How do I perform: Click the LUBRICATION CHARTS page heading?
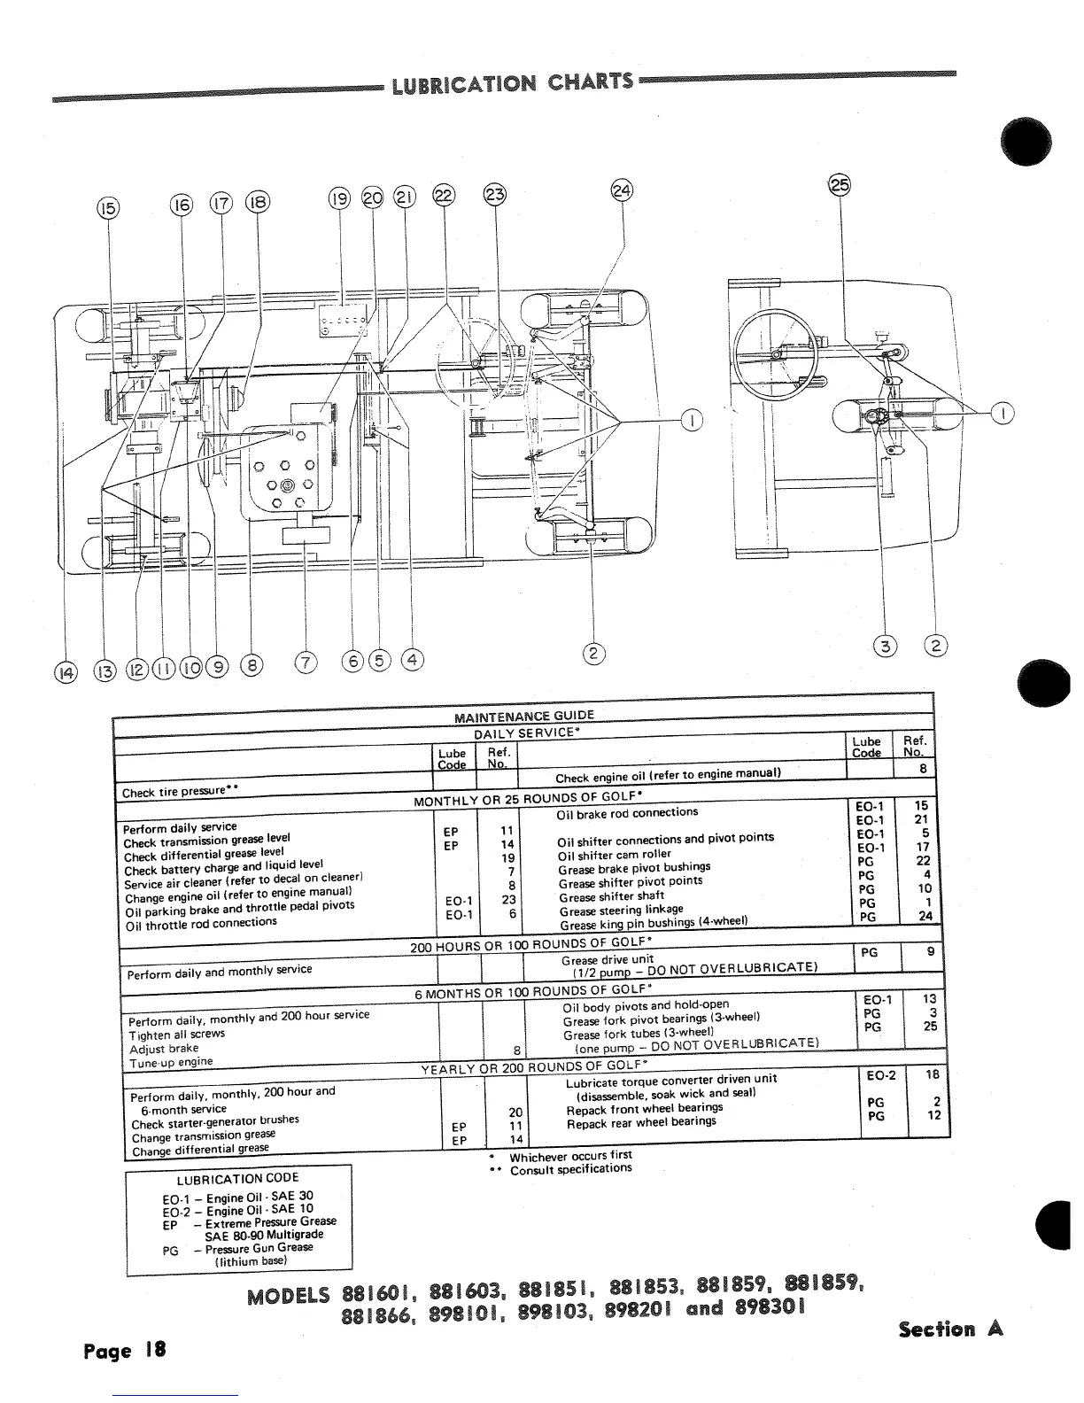coord(513,82)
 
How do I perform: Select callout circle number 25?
coord(839,185)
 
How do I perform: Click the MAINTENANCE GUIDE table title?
coord(523,716)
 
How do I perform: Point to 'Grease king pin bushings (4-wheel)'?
coord(654,922)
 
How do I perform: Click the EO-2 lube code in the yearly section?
coord(880,1075)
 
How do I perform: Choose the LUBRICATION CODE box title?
coord(238,1178)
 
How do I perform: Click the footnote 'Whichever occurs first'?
coord(570,1156)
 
